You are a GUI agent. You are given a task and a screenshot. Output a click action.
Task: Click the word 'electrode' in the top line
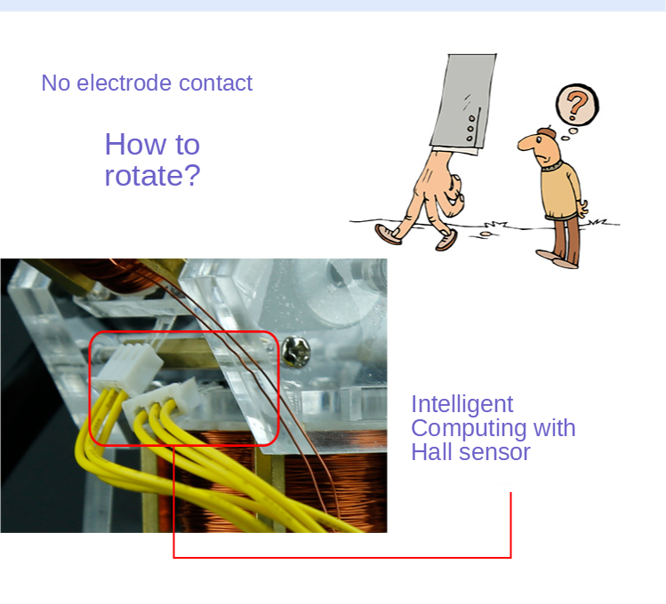(x=124, y=83)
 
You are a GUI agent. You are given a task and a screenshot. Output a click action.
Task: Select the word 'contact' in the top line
(x=216, y=83)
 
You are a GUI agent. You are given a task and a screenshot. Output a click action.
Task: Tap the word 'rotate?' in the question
(x=152, y=176)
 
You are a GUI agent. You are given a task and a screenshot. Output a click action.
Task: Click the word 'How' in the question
(x=135, y=144)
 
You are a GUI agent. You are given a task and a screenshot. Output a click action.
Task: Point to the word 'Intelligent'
(x=462, y=404)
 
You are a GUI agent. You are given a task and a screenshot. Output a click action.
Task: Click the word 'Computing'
(x=469, y=428)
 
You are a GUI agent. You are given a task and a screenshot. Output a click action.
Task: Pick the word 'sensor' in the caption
(x=492, y=453)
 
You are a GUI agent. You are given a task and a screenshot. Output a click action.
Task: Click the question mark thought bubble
(x=577, y=105)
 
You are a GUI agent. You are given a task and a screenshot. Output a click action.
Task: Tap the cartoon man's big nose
(x=527, y=143)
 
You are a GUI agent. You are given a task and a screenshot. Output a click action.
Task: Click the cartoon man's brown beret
(x=546, y=132)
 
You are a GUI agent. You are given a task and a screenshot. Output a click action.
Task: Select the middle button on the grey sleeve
(x=470, y=129)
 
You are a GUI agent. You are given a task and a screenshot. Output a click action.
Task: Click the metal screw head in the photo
(x=296, y=352)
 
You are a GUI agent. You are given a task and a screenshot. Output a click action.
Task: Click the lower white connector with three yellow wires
(x=162, y=401)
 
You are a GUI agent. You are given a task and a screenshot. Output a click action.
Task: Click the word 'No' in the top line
(x=56, y=83)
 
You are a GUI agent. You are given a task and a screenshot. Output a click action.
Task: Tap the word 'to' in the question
(x=187, y=145)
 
